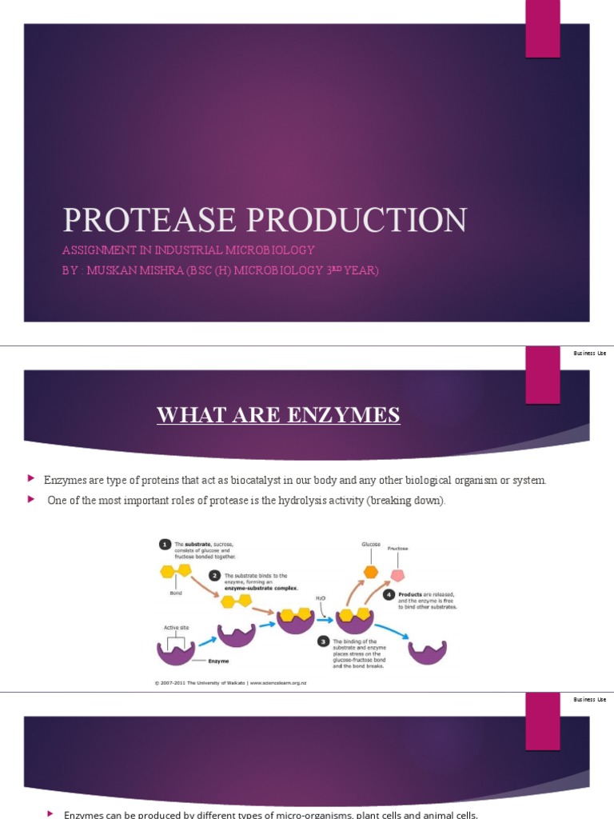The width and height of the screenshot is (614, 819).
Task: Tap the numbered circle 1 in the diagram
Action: pos(164,545)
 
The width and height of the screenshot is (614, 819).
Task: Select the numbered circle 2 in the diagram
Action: pos(214,576)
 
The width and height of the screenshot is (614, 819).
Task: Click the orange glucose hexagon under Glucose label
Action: pos(370,572)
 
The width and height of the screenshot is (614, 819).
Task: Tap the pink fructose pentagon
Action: pos(397,575)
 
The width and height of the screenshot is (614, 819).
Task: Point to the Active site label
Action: pos(175,628)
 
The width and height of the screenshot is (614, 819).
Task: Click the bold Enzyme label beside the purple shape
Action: pos(219,661)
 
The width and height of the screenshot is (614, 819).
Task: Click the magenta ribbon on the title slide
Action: pos(542,29)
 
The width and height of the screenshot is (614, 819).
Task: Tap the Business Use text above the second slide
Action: pos(589,354)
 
